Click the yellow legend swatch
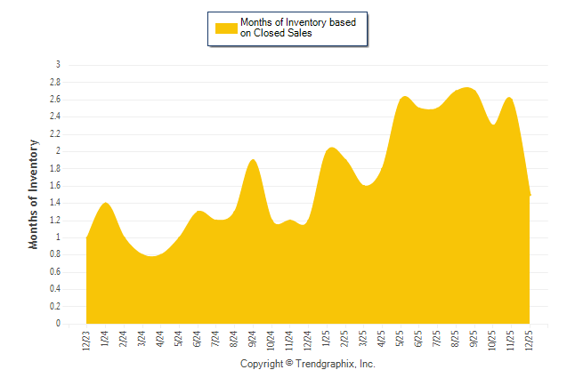[x=226, y=28]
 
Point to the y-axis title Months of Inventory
[x=34, y=193]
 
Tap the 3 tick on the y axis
[x=58, y=65]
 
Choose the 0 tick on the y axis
[x=58, y=325]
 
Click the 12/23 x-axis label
[x=86, y=339]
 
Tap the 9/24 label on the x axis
[x=253, y=339]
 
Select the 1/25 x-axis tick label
[x=327, y=339]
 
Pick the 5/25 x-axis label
[x=401, y=339]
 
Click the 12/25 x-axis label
[x=530, y=339]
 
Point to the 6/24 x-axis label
[x=198, y=339]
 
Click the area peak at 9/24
[x=253, y=160]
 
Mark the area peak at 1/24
[x=106, y=203]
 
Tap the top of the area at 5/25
[x=403, y=96]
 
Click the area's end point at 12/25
[x=530, y=195]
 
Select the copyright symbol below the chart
[x=289, y=365]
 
